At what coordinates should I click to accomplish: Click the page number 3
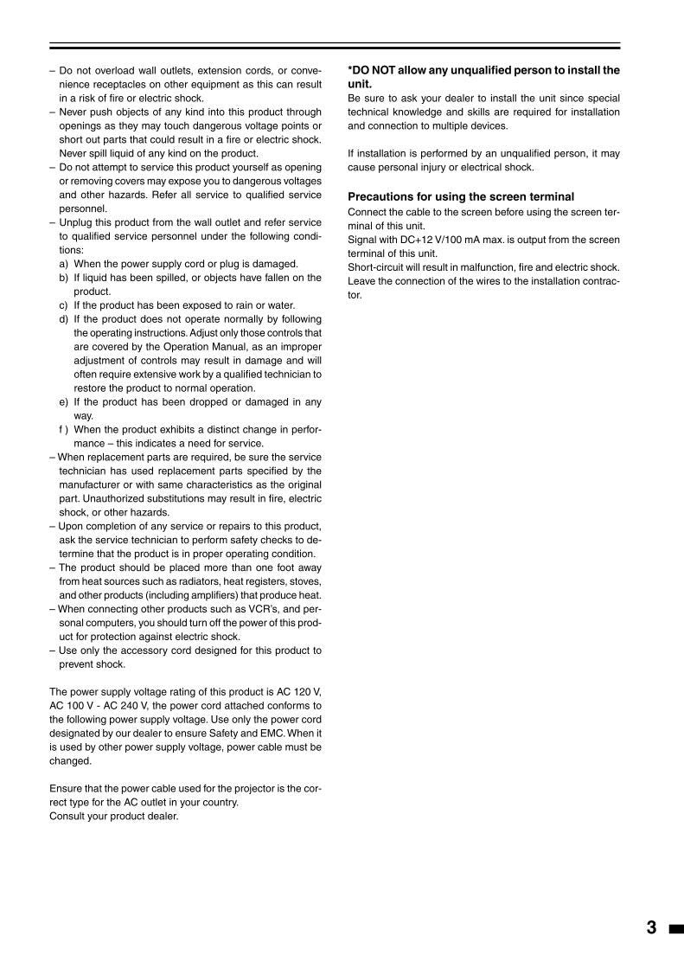[651, 928]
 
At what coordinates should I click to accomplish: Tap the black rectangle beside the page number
[674, 929]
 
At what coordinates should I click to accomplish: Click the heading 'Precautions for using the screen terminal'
[461, 197]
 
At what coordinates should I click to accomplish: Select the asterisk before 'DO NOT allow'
[350, 70]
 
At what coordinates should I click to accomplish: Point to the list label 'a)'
[64, 264]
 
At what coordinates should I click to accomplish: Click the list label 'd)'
[64, 319]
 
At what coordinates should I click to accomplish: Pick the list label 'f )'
[64, 430]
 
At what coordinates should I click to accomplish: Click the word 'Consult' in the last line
[68, 817]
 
